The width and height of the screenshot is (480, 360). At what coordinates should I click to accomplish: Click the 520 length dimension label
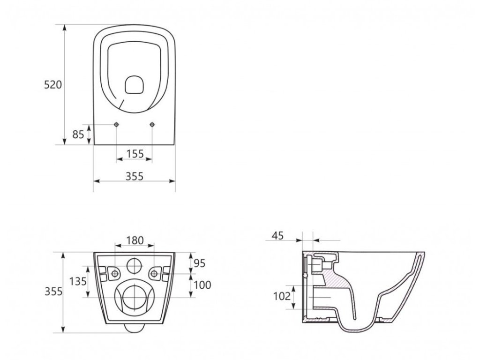point(53,85)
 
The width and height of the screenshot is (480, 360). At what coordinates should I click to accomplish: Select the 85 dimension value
point(78,134)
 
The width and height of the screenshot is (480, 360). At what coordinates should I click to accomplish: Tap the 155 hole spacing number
point(135,153)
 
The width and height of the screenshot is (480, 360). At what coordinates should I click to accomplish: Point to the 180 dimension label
point(135,240)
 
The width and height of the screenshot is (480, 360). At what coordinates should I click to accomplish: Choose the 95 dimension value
point(200,263)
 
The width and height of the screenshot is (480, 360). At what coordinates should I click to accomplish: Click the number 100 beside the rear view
point(202,285)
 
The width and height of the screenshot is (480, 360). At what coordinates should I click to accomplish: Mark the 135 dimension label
point(77,281)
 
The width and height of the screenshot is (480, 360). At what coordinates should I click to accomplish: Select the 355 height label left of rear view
point(53,292)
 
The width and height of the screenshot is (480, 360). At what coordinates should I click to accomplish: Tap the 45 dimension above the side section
point(277,236)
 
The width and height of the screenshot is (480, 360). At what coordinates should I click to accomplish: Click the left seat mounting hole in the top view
point(116,124)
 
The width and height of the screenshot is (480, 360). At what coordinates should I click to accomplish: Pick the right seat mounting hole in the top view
point(152,124)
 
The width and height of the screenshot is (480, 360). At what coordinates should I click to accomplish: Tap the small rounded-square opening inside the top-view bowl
point(134,85)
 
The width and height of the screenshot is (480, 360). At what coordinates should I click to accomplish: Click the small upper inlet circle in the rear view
point(135,266)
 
